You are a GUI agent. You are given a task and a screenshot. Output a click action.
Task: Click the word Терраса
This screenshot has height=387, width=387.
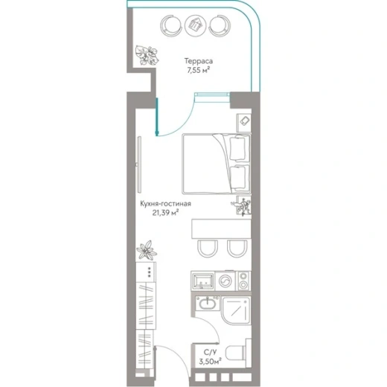click(199, 61)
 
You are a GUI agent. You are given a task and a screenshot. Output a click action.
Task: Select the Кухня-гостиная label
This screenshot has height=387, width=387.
click(166, 204)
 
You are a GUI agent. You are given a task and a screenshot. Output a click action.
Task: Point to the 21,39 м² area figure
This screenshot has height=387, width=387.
click(166, 213)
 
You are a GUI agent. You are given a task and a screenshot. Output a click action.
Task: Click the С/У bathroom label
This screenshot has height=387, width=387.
click(210, 352)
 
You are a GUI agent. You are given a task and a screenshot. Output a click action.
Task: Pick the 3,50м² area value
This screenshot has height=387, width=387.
click(210, 362)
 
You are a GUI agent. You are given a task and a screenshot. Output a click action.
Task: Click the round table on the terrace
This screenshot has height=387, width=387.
click(196, 25)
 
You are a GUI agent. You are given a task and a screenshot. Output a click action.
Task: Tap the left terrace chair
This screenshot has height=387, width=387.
click(170, 25)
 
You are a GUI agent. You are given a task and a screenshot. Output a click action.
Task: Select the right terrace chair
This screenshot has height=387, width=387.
click(220, 25)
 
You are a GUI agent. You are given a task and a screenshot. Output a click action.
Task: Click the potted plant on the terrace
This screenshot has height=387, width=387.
click(147, 55)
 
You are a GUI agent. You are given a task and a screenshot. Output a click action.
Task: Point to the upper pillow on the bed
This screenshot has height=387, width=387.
click(239, 148)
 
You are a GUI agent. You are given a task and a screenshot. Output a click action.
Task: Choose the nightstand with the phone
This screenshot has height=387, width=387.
click(243, 123)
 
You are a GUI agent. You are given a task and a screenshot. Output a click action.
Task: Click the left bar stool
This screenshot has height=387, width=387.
click(208, 249)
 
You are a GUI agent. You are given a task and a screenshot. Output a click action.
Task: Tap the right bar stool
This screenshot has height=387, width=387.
click(237, 249)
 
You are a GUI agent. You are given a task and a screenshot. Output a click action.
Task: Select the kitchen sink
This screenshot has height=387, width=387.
click(203, 281)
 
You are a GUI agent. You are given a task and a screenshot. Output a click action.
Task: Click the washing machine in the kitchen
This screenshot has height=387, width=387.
click(226, 281)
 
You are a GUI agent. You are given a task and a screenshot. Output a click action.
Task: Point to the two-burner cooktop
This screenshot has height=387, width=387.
click(243, 281)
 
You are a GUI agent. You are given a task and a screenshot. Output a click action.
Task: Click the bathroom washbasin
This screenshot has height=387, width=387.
click(208, 303)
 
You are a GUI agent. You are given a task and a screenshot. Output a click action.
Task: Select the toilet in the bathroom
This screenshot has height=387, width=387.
click(236, 353)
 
